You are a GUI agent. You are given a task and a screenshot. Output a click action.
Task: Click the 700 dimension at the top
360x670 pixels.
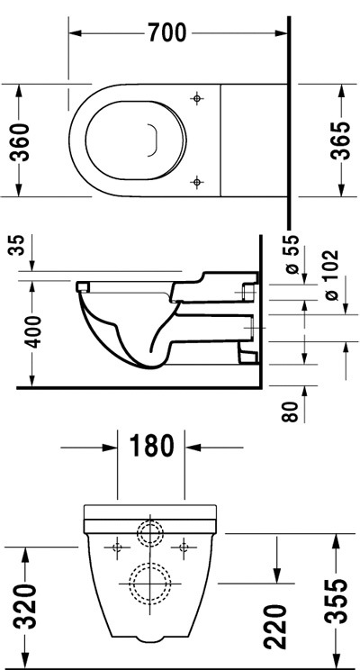(167, 32)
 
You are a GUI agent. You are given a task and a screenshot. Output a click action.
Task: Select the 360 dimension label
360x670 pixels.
(20, 142)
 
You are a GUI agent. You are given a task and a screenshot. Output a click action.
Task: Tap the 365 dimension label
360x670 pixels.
(341, 140)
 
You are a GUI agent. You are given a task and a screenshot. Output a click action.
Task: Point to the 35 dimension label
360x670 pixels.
(17, 244)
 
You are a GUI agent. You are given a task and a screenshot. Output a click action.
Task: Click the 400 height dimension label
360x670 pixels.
(33, 332)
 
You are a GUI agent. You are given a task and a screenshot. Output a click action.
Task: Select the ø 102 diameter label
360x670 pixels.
(330, 276)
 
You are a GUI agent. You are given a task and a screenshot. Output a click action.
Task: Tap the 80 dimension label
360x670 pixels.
(291, 412)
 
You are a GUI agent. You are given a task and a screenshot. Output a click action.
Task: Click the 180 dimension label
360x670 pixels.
(151, 445)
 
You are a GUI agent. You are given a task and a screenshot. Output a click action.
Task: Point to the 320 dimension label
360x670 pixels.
(25, 607)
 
